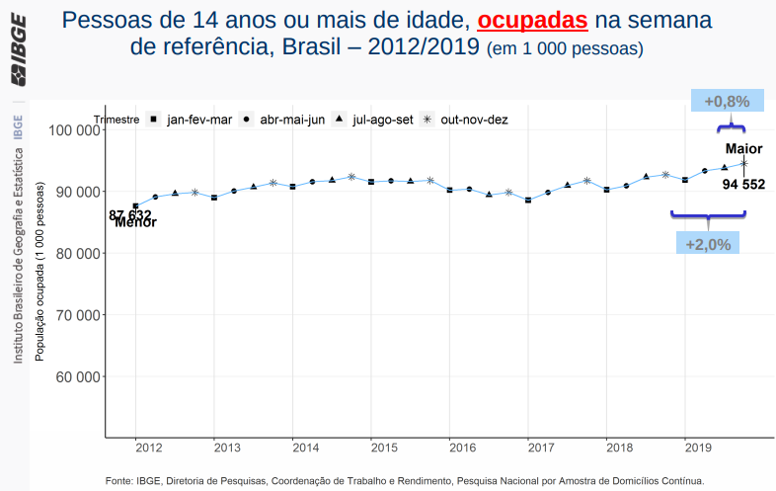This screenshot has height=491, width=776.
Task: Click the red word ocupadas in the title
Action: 532,20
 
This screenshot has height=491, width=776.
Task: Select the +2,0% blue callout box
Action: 707,244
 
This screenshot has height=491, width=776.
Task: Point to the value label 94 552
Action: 743,183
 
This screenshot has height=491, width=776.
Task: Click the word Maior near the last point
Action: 743,149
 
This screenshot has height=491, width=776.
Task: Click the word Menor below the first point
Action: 135,222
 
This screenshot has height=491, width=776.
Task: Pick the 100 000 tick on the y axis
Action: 73,129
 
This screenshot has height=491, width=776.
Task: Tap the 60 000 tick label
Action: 77,376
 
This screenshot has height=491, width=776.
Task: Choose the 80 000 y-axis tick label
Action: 77,253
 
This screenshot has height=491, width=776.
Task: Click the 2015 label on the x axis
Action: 384,449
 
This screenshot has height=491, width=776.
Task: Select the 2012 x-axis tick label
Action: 149,449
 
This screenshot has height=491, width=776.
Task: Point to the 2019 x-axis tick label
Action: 698,449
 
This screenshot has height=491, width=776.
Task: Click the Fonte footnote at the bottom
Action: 404,480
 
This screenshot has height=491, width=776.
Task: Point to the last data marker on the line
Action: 743,163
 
